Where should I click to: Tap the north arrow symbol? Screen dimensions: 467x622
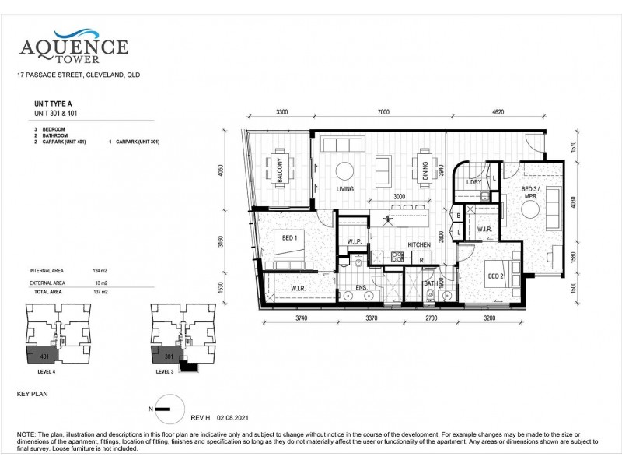click(x=166, y=403)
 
